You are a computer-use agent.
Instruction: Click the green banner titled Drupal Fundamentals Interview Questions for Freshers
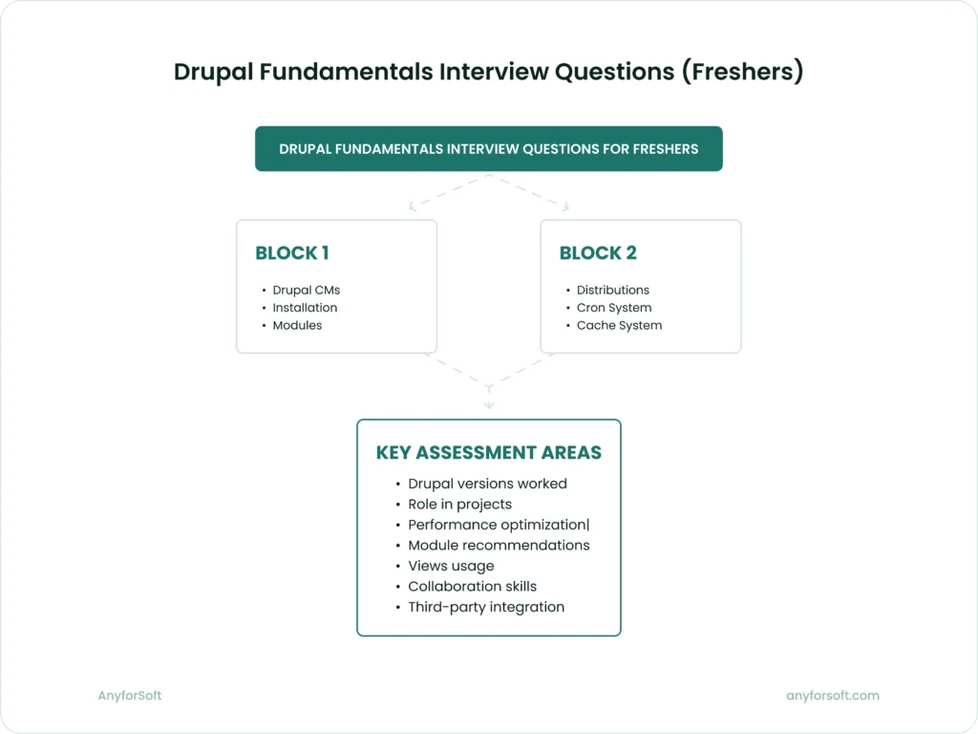(488, 149)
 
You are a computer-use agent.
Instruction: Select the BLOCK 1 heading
(292, 253)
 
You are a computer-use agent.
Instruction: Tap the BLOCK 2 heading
(598, 253)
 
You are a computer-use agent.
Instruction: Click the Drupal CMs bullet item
(306, 290)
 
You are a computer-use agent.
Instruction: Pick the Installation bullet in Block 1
(305, 308)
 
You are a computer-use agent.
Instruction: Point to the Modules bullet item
(297, 325)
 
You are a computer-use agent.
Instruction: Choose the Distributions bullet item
(612, 290)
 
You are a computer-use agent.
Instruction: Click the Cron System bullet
(613, 308)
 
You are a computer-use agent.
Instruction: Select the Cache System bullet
(619, 325)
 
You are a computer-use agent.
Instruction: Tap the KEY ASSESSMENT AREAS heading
(488, 453)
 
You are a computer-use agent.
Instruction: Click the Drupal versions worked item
(487, 484)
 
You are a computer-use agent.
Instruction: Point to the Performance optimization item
(498, 525)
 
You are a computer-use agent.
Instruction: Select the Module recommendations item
(499, 545)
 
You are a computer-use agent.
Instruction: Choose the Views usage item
(451, 566)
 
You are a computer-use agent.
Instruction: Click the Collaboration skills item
(472, 586)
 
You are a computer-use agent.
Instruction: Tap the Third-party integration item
(486, 607)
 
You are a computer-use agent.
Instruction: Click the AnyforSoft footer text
(130, 696)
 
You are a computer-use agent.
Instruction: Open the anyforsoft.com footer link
(832, 696)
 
